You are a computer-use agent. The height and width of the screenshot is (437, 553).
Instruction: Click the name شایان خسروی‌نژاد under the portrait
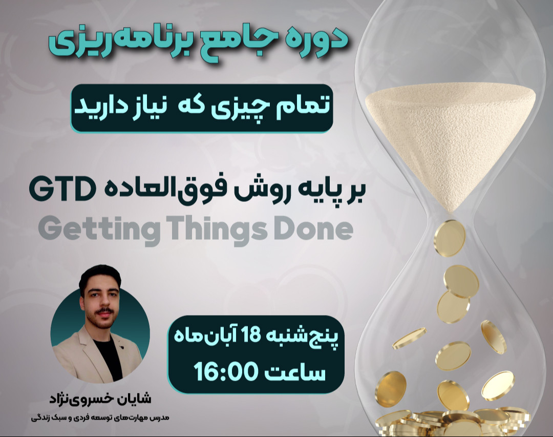[x=100, y=398]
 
